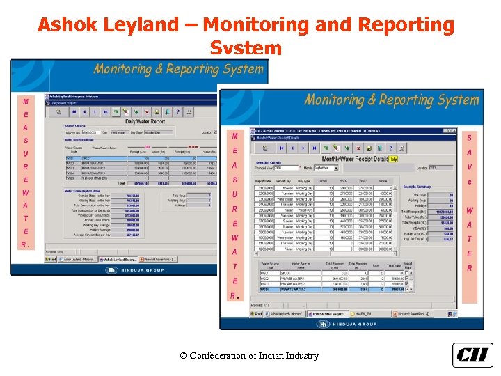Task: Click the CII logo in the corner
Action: point(472,354)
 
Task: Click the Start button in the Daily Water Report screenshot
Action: point(51,258)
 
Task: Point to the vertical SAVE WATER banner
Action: point(470,203)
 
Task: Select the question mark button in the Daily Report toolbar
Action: point(178,111)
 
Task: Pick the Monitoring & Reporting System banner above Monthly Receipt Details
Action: point(391,100)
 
